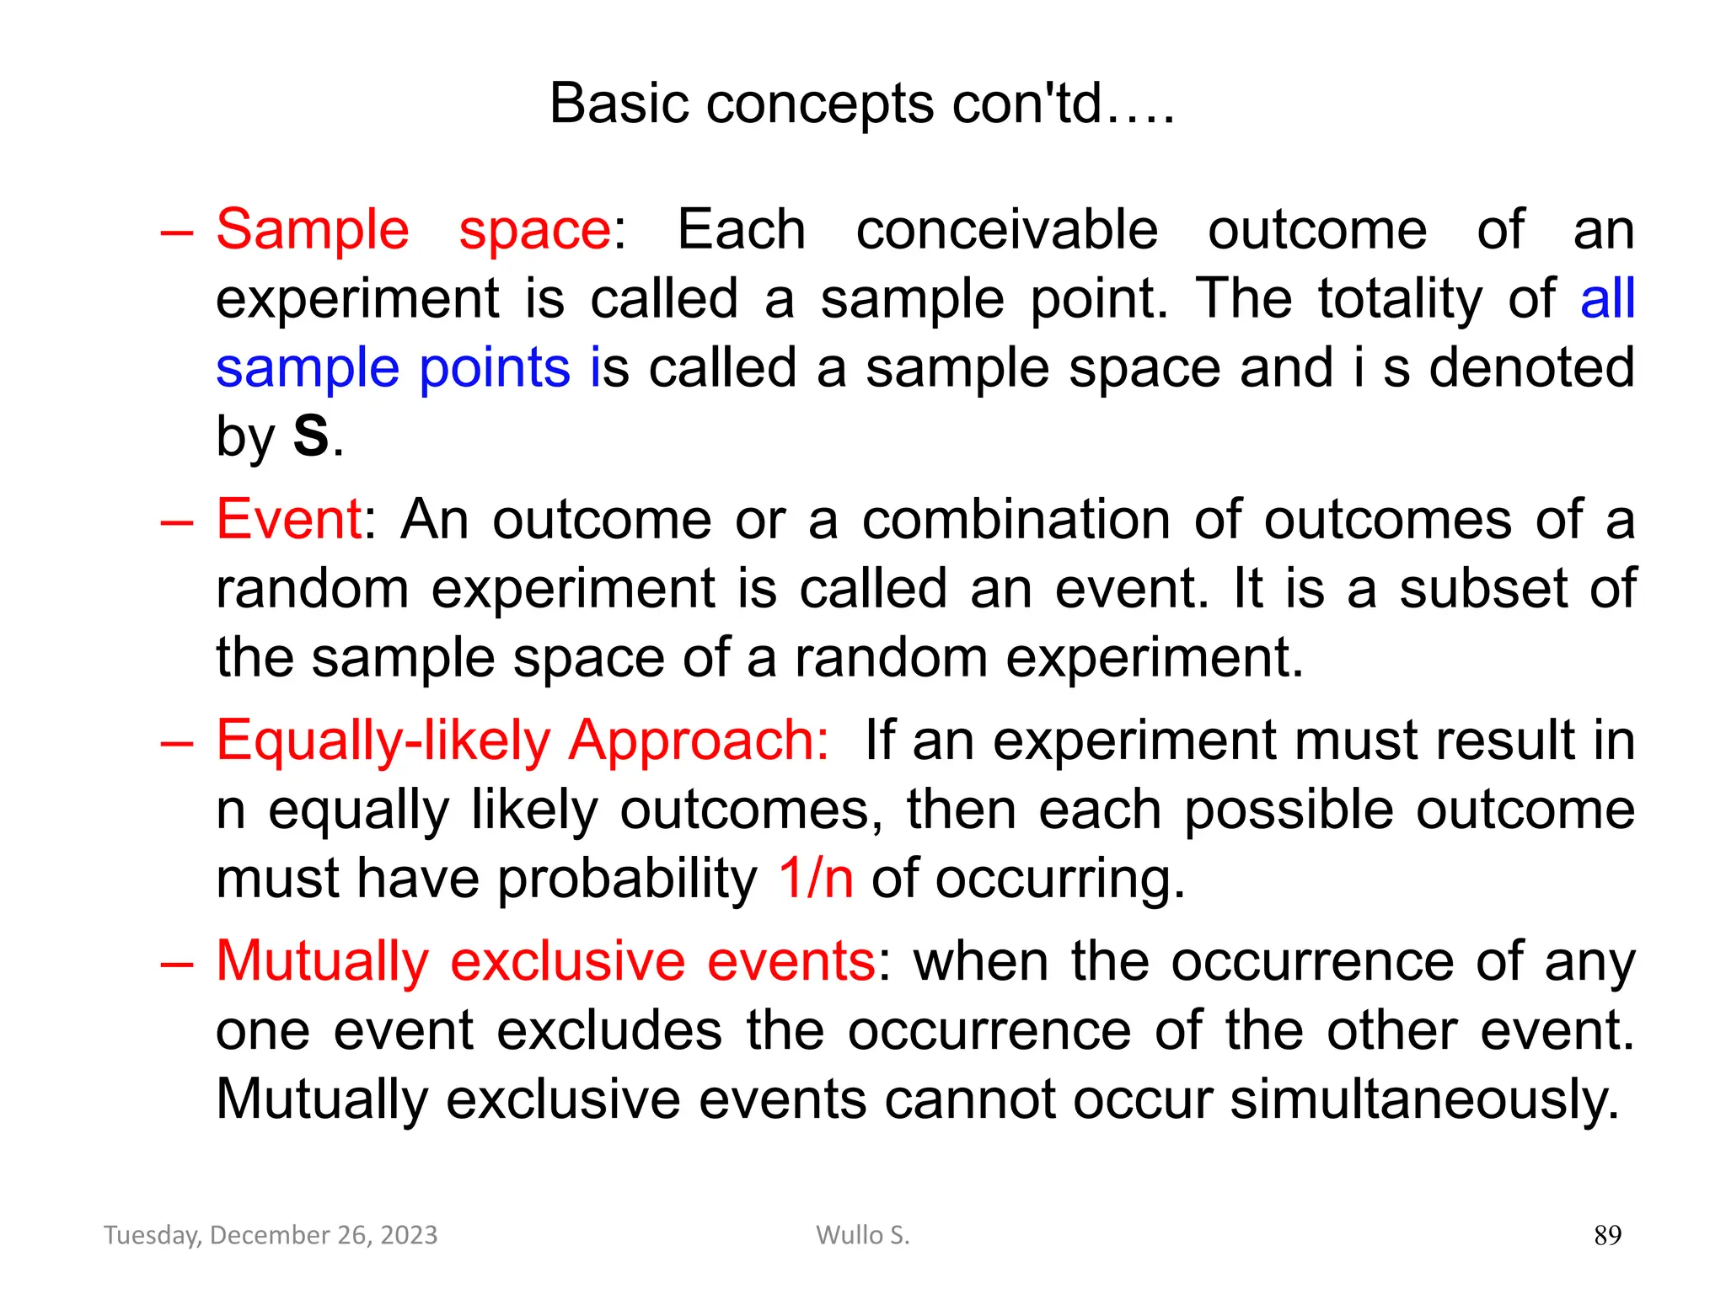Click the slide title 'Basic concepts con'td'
pos(861,104)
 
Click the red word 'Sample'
pos(313,230)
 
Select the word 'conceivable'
pos(1006,230)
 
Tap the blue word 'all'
pos(1607,298)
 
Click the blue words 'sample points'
pos(393,368)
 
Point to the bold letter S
pos(310,437)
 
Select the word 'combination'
pos(1016,519)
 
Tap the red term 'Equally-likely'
pos(383,741)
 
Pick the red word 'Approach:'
pos(699,741)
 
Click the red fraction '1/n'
pos(815,879)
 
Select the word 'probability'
pos(627,879)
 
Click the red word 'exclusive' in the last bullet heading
pos(567,961)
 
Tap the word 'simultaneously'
pos(1423,1099)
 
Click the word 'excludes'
pos(609,1030)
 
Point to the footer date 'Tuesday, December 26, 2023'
pos(271,1235)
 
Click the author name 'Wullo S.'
pos(862,1235)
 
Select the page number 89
pos(1607,1235)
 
